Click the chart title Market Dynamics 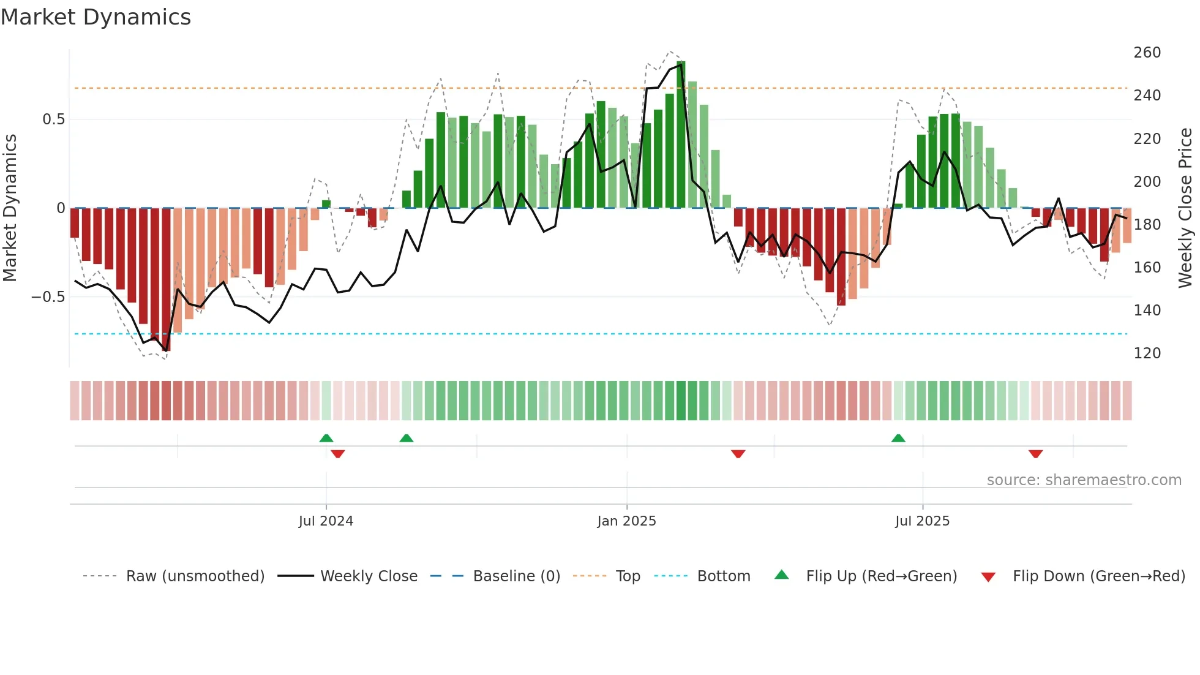tap(96, 17)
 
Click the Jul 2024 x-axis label tap(326, 521)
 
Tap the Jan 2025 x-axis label tap(626, 521)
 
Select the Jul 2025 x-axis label tap(922, 521)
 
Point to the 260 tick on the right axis tap(1147, 53)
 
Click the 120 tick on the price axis tap(1147, 353)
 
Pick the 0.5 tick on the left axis tap(53, 119)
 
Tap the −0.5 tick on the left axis tap(48, 297)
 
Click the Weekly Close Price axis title tap(1185, 208)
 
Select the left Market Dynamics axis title tap(10, 208)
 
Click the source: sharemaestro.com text tap(1084, 480)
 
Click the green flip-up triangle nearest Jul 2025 tap(898, 439)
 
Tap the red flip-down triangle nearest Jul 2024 tap(337, 454)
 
